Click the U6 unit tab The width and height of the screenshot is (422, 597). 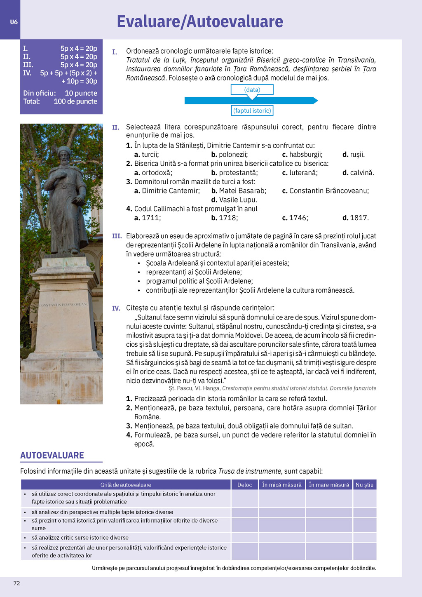[x=14, y=22]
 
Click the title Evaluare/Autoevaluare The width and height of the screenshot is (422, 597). [x=200, y=21]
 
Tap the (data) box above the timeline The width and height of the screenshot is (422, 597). [x=252, y=89]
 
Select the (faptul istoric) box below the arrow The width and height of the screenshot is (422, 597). [x=252, y=110]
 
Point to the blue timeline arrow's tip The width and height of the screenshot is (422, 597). [x=316, y=100]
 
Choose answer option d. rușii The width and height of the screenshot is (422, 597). [x=354, y=155]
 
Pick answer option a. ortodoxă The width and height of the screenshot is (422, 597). [x=153, y=173]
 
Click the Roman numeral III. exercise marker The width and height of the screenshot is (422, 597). [x=117, y=236]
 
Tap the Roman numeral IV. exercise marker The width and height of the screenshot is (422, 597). [x=116, y=308]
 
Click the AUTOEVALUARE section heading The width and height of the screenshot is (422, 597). [x=52, y=455]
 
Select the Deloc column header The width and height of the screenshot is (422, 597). [x=244, y=485]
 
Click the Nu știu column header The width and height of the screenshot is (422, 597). [x=364, y=485]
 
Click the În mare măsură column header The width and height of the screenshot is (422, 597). [x=329, y=485]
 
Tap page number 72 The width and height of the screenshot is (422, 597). [x=16, y=583]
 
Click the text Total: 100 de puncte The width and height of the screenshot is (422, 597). [x=60, y=101]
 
